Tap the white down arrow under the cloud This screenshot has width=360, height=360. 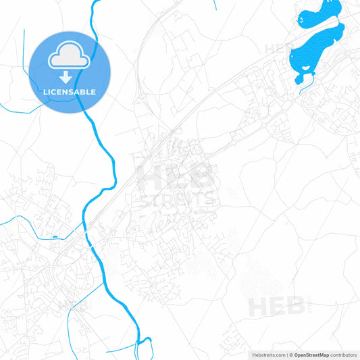click(x=69, y=76)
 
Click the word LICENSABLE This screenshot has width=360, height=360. click(x=69, y=92)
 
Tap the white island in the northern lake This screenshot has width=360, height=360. click(x=302, y=20)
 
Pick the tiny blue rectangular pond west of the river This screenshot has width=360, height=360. click(x=54, y=237)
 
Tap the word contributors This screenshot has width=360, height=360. click(x=344, y=355)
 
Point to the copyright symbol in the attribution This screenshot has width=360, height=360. click(x=290, y=355)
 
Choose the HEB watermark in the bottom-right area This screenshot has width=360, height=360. click(x=277, y=305)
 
